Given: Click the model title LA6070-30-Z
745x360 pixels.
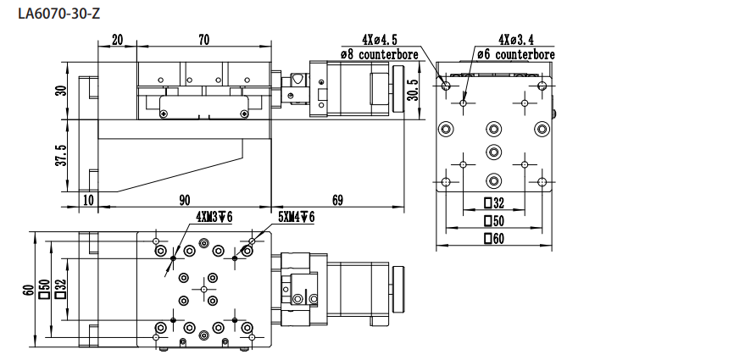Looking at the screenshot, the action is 59,14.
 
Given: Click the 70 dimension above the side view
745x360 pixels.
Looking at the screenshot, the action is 203,40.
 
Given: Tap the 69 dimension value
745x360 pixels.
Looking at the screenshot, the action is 337,201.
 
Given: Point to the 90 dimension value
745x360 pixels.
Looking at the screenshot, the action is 184,201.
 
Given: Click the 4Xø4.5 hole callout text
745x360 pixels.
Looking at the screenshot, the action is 378,40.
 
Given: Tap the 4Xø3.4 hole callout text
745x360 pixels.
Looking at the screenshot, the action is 516,40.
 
